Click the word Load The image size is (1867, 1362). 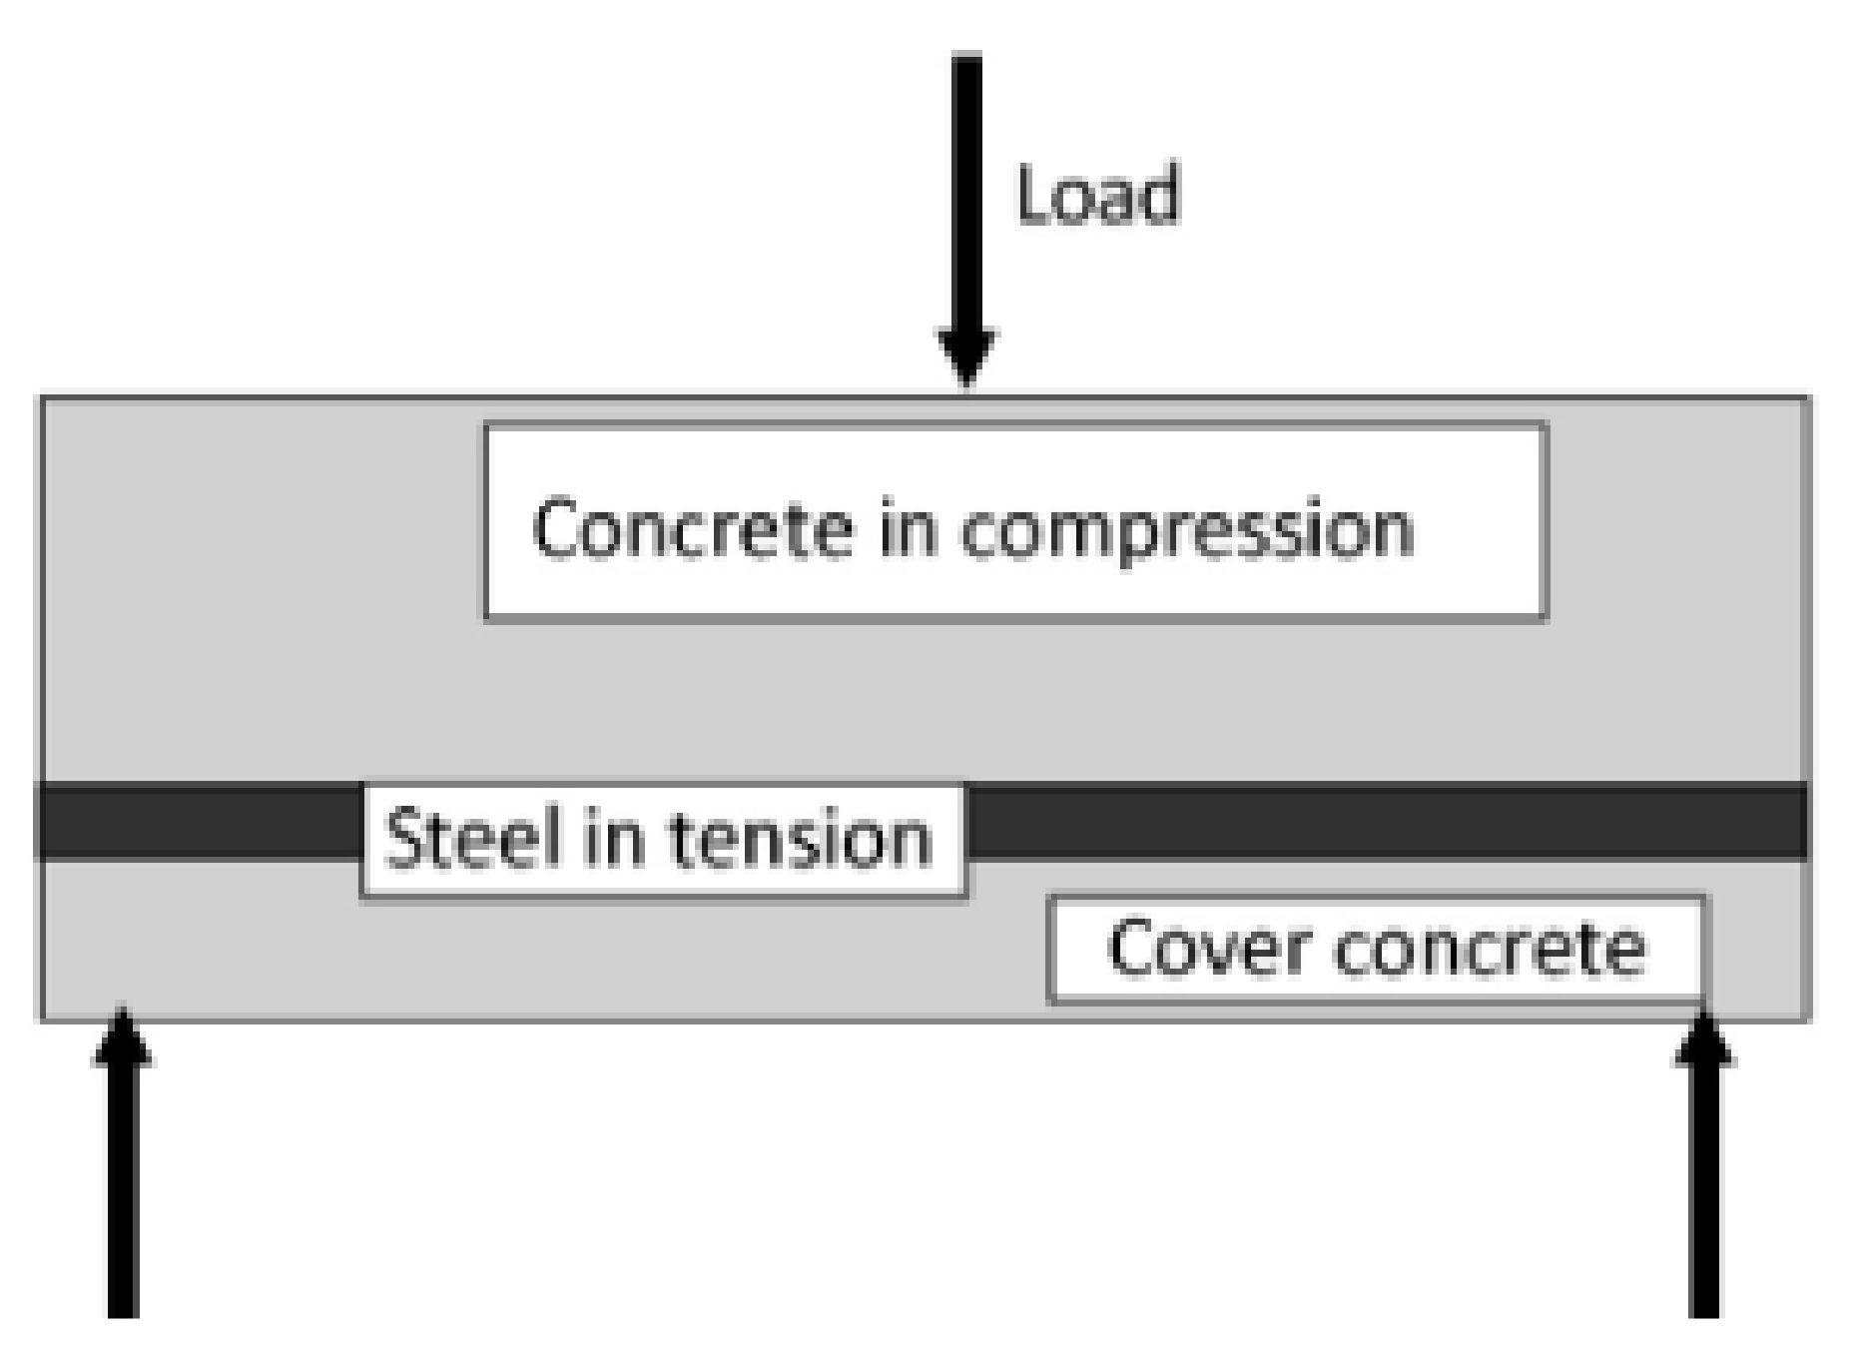coord(1096,195)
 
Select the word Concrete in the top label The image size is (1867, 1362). coord(693,527)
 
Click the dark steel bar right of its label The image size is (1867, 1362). coord(1388,821)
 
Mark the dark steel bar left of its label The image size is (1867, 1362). coord(200,821)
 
